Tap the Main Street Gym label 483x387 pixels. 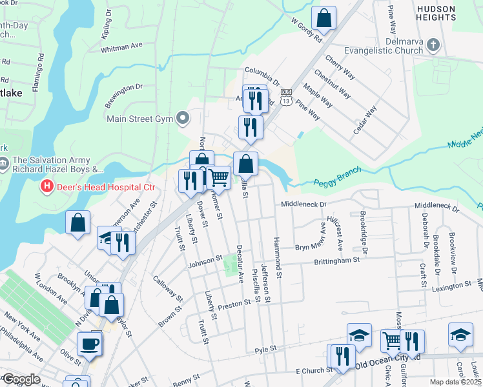[139, 119]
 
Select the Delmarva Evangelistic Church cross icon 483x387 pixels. [433, 45]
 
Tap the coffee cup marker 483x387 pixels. [89, 343]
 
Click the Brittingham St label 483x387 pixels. [336, 260]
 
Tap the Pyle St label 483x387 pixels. [265, 349]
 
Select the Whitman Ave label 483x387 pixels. [122, 46]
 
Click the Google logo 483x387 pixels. [21, 380]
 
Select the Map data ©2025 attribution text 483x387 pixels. [455, 382]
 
